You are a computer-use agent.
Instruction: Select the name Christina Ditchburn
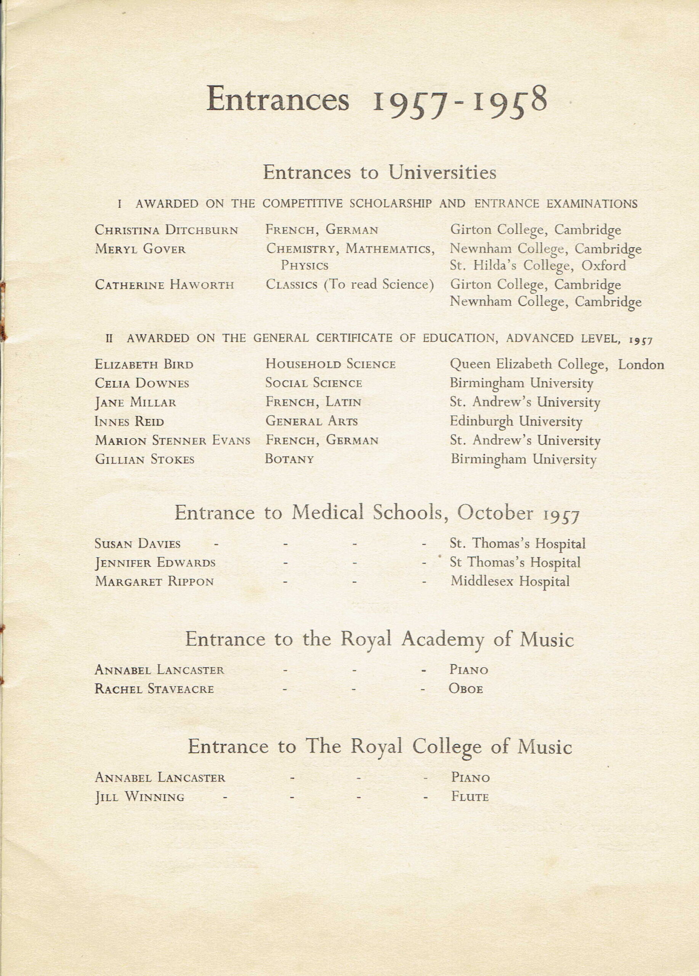coord(166,230)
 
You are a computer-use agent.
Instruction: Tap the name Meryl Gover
coord(140,249)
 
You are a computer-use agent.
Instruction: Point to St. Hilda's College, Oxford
coord(538,265)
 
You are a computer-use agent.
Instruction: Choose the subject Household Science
coord(330,364)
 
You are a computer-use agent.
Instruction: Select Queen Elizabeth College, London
coord(556,365)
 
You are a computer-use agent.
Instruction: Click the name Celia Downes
coord(142,384)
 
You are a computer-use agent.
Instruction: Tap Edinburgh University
coord(516,421)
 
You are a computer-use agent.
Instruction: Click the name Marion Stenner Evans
coord(172,440)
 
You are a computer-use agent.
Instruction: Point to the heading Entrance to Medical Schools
coord(377,513)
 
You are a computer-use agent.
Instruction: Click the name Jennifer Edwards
coord(155,563)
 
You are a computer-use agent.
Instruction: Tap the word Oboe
coord(466,689)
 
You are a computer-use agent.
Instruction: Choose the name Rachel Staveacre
coord(154,689)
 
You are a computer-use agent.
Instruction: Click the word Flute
coord(470,797)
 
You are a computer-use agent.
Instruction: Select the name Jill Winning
coord(139,797)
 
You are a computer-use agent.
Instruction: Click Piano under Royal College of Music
coord(470,778)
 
